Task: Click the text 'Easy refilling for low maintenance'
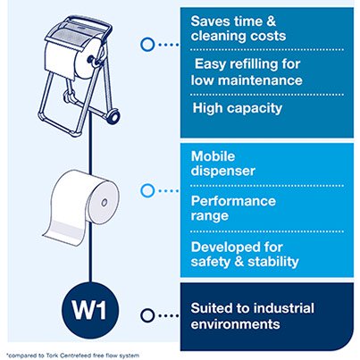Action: tap(250, 71)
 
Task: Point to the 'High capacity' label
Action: tap(237, 108)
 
